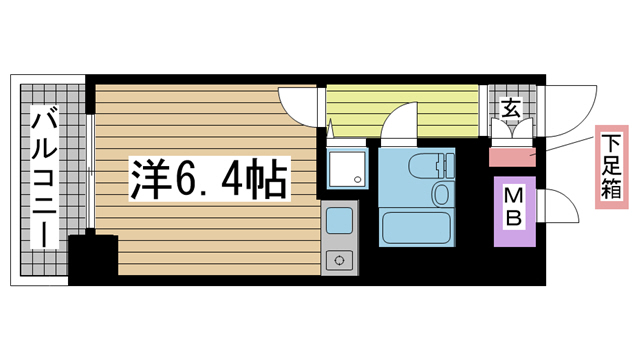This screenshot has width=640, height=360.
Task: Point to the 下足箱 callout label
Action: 610,168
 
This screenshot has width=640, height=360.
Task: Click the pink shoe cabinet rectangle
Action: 513,156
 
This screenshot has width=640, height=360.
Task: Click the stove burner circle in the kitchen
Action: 338,261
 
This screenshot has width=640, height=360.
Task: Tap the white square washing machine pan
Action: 346,171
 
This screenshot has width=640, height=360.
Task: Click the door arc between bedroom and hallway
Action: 300,105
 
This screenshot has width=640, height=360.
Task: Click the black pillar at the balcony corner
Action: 93,256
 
